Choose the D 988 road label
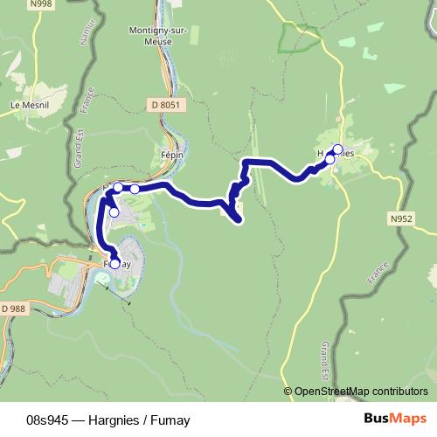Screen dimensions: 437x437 (13, 309)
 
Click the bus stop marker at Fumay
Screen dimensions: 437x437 (114, 263)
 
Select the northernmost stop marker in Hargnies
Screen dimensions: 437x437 (338, 148)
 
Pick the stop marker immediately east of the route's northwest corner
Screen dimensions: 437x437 (135, 188)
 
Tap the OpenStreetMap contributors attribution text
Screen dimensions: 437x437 (361, 391)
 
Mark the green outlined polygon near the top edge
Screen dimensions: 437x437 (300, 38)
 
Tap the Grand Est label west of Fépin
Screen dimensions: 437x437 (77, 149)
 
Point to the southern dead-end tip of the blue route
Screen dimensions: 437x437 (239, 220)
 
